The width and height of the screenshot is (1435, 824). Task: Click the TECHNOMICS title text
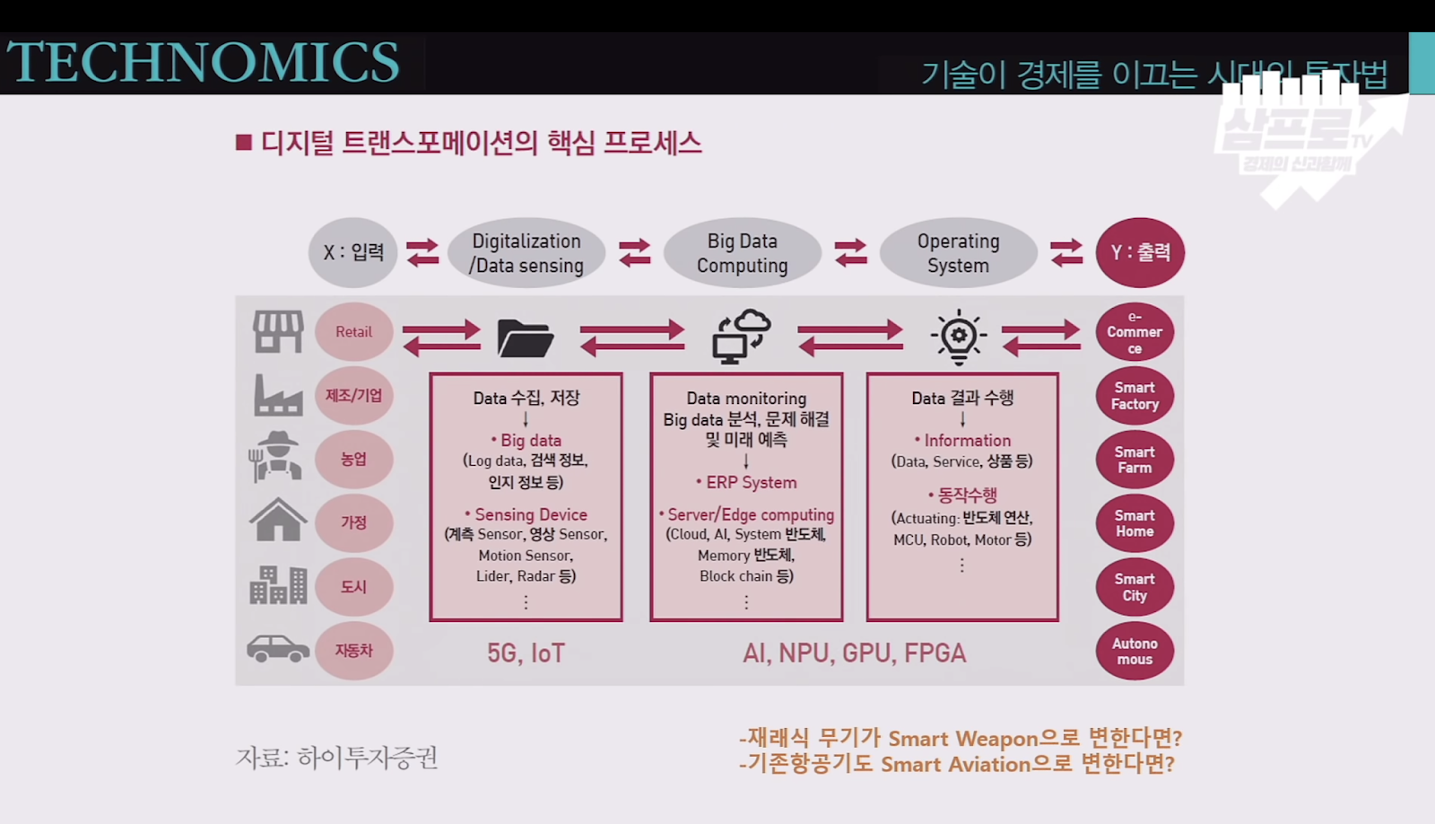pyautogui.click(x=204, y=62)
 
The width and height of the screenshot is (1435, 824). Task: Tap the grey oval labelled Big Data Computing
pyautogui.click(x=742, y=253)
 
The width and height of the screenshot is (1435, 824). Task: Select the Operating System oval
pyautogui.click(x=958, y=253)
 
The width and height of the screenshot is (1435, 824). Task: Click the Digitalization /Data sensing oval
pyautogui.click(x=526, y=253)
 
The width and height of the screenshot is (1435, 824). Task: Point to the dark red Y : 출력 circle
pyautogui.click(x=1140, y=252)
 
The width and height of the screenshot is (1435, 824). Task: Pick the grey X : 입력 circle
pyautogui.click(x=353, y=252)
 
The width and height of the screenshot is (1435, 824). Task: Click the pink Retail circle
pyautogui.click(x=353, y=332)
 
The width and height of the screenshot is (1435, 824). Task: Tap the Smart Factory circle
pyautogui.click(x=1135, y=396)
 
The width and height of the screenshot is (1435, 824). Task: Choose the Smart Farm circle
pyautogui.click(x=1135, y=460)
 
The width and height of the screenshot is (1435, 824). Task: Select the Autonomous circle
pyautogui.click(x=1135, y=651)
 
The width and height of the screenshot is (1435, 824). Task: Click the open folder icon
pyautogui.click(x=525, y=338)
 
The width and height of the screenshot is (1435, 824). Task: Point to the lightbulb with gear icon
pyautogui.click(x=959, y=337)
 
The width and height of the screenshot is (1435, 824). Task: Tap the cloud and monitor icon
pyautogui.click(x=742, y=337)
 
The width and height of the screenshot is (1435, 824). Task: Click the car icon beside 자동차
pyautogui.click(x=278, y=648)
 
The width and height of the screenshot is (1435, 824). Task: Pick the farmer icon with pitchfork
pyautogui.click(x=276, y=457)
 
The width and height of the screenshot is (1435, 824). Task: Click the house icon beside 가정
pyautogui.click(x=278, y=521)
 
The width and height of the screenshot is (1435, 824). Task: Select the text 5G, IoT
pyautogui.click(x=526, y=653)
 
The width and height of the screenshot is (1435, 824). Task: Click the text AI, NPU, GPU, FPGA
pyautogui.click(x=854, y=653)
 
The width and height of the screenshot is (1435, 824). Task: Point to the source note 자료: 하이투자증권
pyautogui.click(x=336, y=758)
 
